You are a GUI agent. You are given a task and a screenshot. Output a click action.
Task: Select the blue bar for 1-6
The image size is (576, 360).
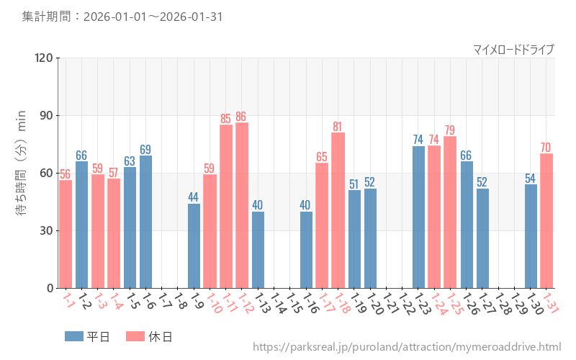click(x=145, y=222)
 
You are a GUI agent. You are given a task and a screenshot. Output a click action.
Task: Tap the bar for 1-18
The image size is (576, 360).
click(x=338, y=210)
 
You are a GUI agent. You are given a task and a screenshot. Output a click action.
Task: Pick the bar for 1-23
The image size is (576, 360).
click(x=418, y=217)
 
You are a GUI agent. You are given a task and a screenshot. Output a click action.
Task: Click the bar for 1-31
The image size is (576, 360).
click(x=546, y=220)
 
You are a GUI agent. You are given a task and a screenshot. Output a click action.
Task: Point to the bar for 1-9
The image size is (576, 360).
click(x=194, y=246)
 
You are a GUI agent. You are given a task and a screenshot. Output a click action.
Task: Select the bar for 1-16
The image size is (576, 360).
click(x=306, y=250)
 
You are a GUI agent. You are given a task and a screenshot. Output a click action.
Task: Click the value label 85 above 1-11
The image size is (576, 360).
click(x=226, y=119)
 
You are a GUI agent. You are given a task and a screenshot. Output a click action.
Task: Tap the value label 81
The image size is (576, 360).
click(x=338, y=127)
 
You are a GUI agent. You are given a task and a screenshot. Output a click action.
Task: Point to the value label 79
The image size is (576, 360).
click(x=450, y=130)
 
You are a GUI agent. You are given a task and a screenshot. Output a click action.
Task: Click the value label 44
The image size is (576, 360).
click(x=194, y=197)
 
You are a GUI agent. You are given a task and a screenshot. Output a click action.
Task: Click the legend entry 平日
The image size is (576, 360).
click(x=86, y=336)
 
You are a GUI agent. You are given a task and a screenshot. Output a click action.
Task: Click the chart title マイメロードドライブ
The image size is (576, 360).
click(x=513, y=49)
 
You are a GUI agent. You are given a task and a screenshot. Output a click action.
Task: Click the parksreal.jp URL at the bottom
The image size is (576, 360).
click(x=407, y=347)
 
